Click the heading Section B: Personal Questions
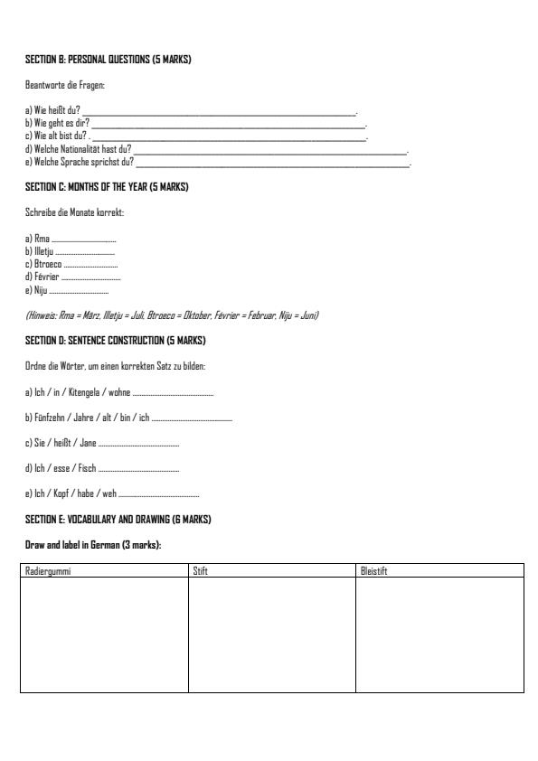[108, 60]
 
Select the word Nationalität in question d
[82, 148]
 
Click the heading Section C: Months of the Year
[107, 187]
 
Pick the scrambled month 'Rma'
[42, 239]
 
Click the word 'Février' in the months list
[46, 277]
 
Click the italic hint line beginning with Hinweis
[171, 315]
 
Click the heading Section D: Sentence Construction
[115, 341]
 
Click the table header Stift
[201, 570]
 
